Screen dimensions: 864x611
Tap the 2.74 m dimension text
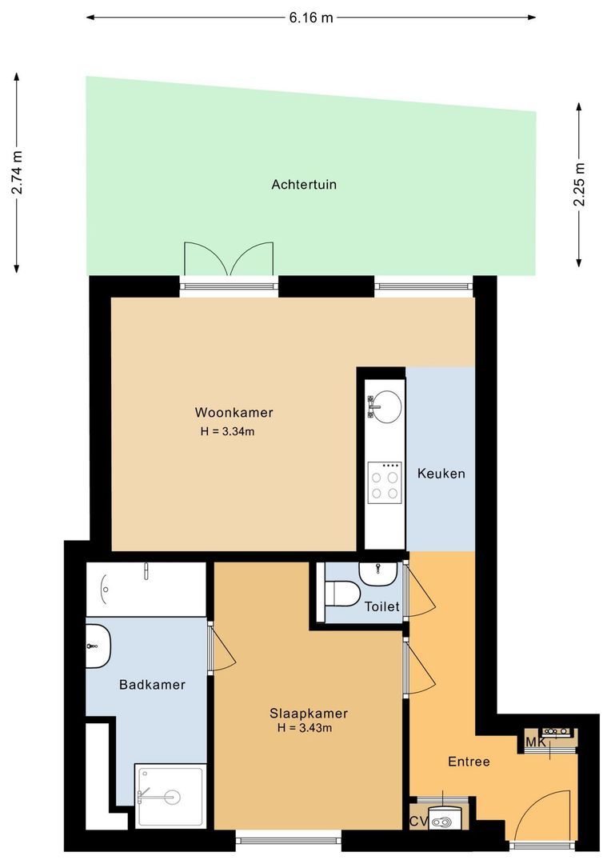pyautogui.click(x=17, y=172)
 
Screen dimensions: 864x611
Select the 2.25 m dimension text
pyautogui.click(x=579, y=185)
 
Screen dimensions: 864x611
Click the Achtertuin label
pyautogui.click(x=304, y=185)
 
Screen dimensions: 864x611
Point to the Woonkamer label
pyautogui.click(x=234, y=413)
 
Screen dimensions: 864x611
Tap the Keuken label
pyautogui.click(x=441, y=474)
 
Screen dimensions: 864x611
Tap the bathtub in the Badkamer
pyautogui.click(x=146, y=590)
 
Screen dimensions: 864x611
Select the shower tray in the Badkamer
pyautogui.click(x=171, y=795)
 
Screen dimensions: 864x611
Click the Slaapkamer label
pyautogui.click(x=308, y=714)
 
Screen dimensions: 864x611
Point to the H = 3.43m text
pyautogui.click(x=304, y=729)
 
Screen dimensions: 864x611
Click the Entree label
pyautogui.click(x=468, y=762)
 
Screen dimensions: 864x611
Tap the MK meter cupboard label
pyautogui.click(x=535, y=743)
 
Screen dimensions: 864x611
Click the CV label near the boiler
pyautogui.click(x=417, y=822)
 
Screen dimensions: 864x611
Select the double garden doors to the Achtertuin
pyautogui.click(x=230, y=261)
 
